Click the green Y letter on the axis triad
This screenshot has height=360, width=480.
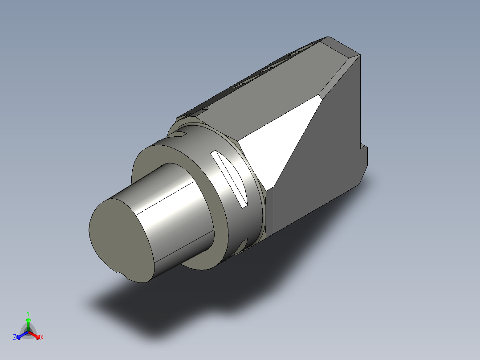(28, 313)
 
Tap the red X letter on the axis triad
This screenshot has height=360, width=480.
(42, 337)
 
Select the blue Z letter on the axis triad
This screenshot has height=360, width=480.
(15, 337)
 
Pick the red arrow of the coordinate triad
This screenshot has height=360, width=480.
(36, 335)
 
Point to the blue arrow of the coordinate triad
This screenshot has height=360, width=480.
(20, 335)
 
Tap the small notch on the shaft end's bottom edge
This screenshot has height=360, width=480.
(118, 272)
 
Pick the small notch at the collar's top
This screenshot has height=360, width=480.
(180, 133)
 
